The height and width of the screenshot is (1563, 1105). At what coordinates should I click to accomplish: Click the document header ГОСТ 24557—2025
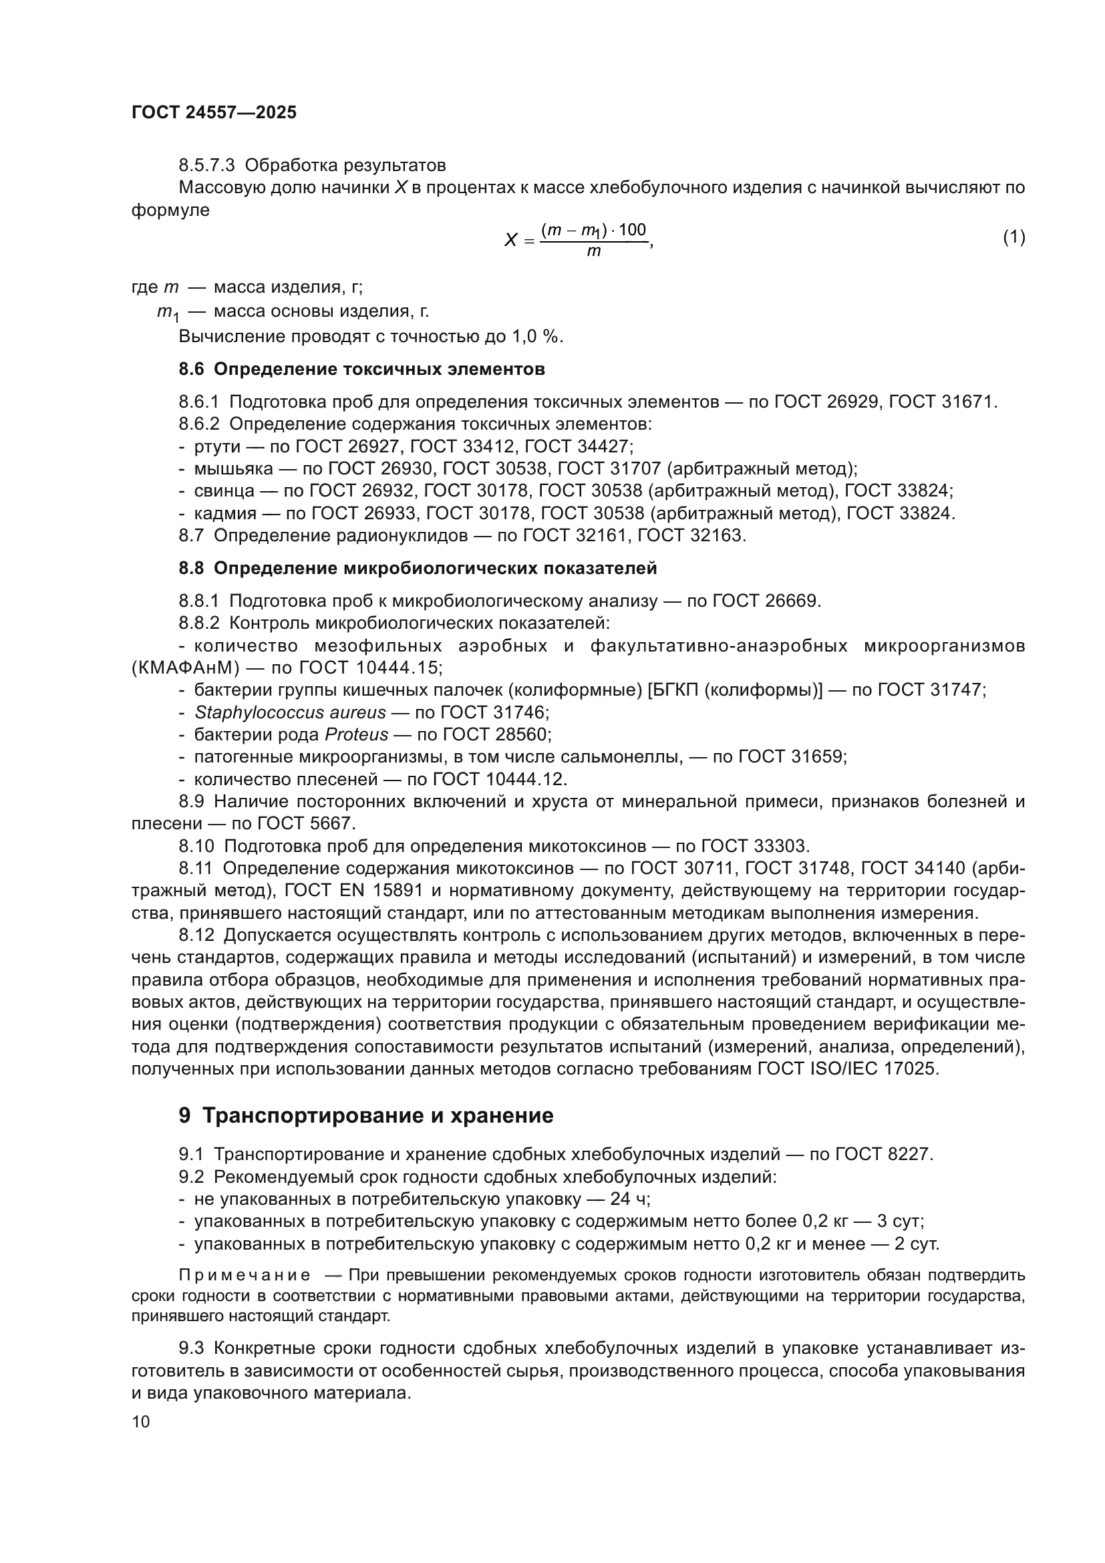click(x=214, y=113)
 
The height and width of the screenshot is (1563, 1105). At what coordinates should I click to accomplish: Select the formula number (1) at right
click(x=1014, y=237)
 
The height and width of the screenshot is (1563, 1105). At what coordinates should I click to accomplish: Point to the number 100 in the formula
click(x=632, y=230)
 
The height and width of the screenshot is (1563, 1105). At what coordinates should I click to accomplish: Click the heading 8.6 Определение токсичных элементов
click(x=361, y=370)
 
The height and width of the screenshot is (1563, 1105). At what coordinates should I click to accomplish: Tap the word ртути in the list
click(x=217, y=446)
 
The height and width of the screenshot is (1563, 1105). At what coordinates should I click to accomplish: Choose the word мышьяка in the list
click(x=233, y=469)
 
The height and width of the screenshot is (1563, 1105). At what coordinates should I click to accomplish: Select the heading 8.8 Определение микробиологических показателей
click(x=418, y=569)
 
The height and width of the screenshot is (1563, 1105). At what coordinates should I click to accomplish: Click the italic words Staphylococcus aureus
click(x=290, y=713)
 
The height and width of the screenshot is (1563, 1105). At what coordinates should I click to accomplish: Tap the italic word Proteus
click(x=357, y=735)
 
